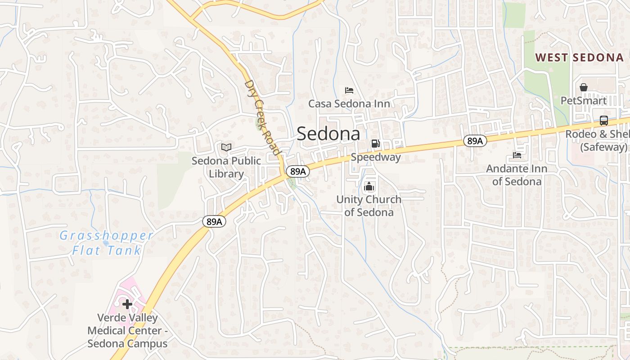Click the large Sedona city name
coord(328,134)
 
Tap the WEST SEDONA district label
coord(580,58)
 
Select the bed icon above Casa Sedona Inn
coord(349,90)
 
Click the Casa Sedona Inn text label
coord(349,104)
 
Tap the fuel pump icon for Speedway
coord(375,144)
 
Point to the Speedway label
coord(376,157)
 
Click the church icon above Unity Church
coord(369,186)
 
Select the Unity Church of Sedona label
coord(369,206)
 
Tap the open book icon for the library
coord(226,147)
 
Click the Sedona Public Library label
coord(226,167)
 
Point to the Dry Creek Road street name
coord(262,118)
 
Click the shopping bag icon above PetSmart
coord(584,87)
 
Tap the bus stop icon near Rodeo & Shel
coord(604,121)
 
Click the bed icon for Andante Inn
coord(517,155)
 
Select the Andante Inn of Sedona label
coord(517,175)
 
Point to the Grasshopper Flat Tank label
coord(107,243)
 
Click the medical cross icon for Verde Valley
coord(127,304)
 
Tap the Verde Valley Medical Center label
coord(127,331)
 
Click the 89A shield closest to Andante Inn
coord(474,141)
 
